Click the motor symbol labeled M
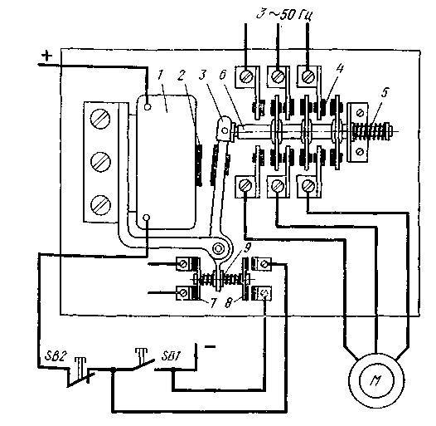[376, 380]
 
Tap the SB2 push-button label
[56, 355]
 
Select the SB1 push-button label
[171, 355]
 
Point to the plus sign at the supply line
[47, 56]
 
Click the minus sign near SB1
[210, 347]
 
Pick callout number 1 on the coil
[161, 75]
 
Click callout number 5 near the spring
[384, 93]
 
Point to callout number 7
[213, 303]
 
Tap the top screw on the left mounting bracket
[100, 119]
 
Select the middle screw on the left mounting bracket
[100, 161]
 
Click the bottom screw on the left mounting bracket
[100, 205]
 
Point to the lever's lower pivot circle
[218, 248]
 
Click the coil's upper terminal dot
[148, 107]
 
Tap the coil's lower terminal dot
[147, 217]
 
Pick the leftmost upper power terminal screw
[246, 76]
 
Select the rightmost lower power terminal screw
[308, 185]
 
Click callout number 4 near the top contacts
[339, 69]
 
